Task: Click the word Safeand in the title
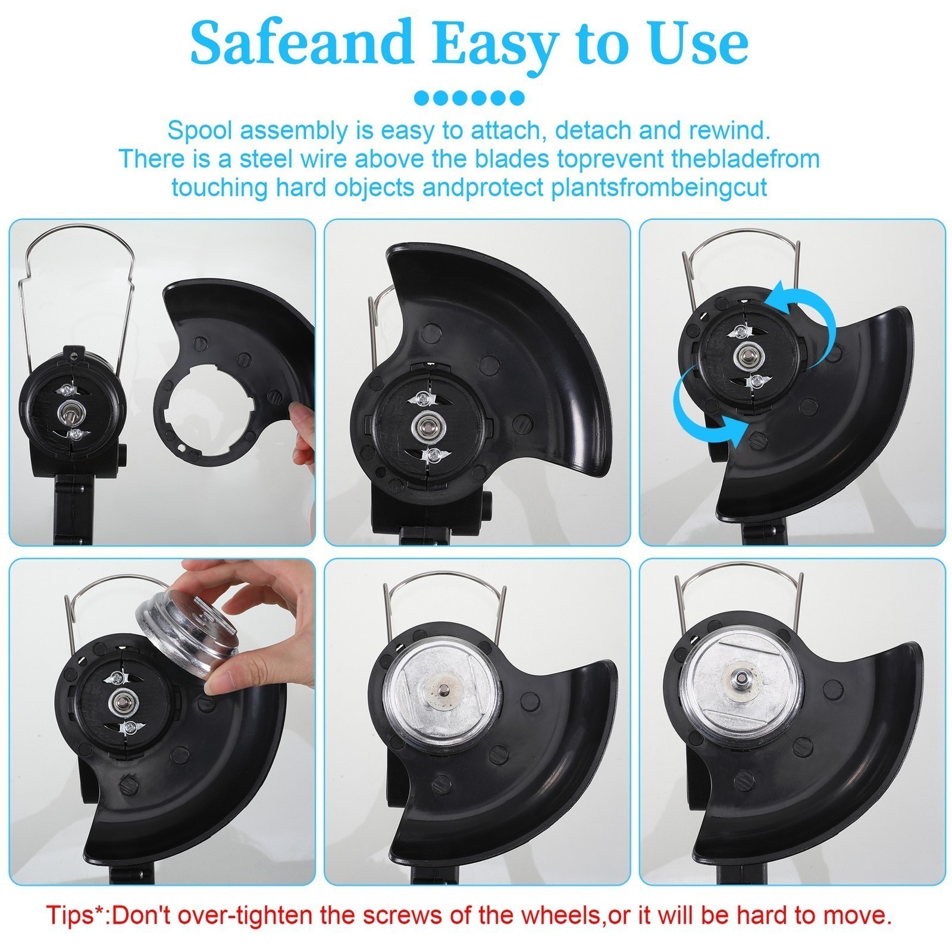(x=302, y=42)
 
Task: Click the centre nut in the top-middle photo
(x=425, y=425)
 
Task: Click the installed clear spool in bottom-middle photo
(x=437, y=688)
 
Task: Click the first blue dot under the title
(x=421, y=97)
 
